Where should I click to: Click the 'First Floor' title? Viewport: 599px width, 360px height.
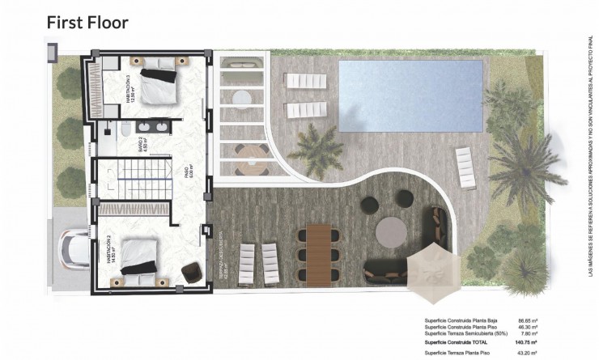tap(87, 22)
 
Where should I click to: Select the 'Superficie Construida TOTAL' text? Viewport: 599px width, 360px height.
tap(460, 342)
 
